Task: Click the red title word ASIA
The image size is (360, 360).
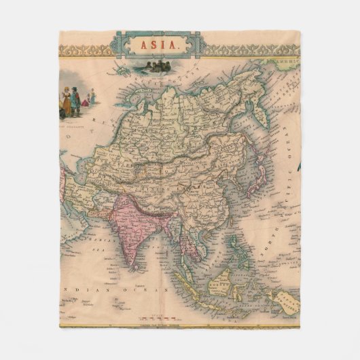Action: coord(160,46)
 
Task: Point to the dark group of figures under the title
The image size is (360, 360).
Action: coord(157,67)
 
